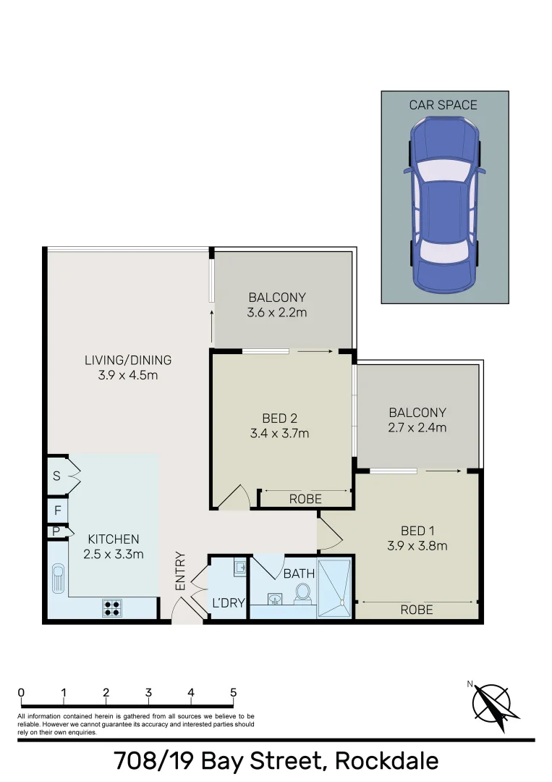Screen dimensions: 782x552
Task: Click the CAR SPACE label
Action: (443, 105)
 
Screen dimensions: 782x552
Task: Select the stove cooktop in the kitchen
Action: (111, 608)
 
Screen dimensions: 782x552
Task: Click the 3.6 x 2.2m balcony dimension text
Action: (277, 313)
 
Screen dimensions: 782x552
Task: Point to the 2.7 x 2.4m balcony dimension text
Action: (417, 427)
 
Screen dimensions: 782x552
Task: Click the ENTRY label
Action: (180, 571)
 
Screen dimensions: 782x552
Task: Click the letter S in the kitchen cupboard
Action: (56, 476)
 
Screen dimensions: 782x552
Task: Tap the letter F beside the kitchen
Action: (56, 510)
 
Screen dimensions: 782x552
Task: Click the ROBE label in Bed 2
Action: (305, 499)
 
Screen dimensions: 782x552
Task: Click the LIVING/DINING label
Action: (128, 360)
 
